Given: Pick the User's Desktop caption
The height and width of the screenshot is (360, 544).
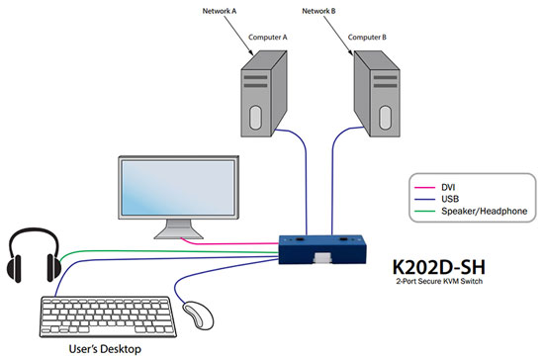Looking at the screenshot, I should [x=99, y=350].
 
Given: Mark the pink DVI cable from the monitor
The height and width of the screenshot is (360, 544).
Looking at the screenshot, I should [x=227, y=239].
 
